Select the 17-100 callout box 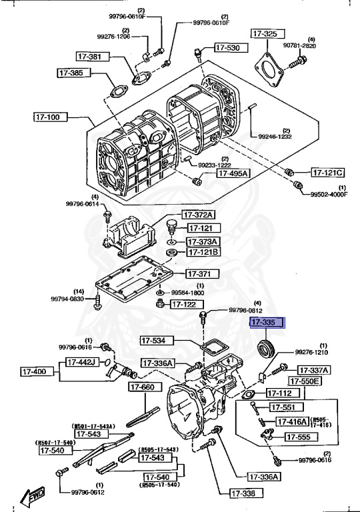[x=50, y=117]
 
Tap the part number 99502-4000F [x=329, y=194]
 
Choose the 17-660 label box [x=142, y=387]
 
